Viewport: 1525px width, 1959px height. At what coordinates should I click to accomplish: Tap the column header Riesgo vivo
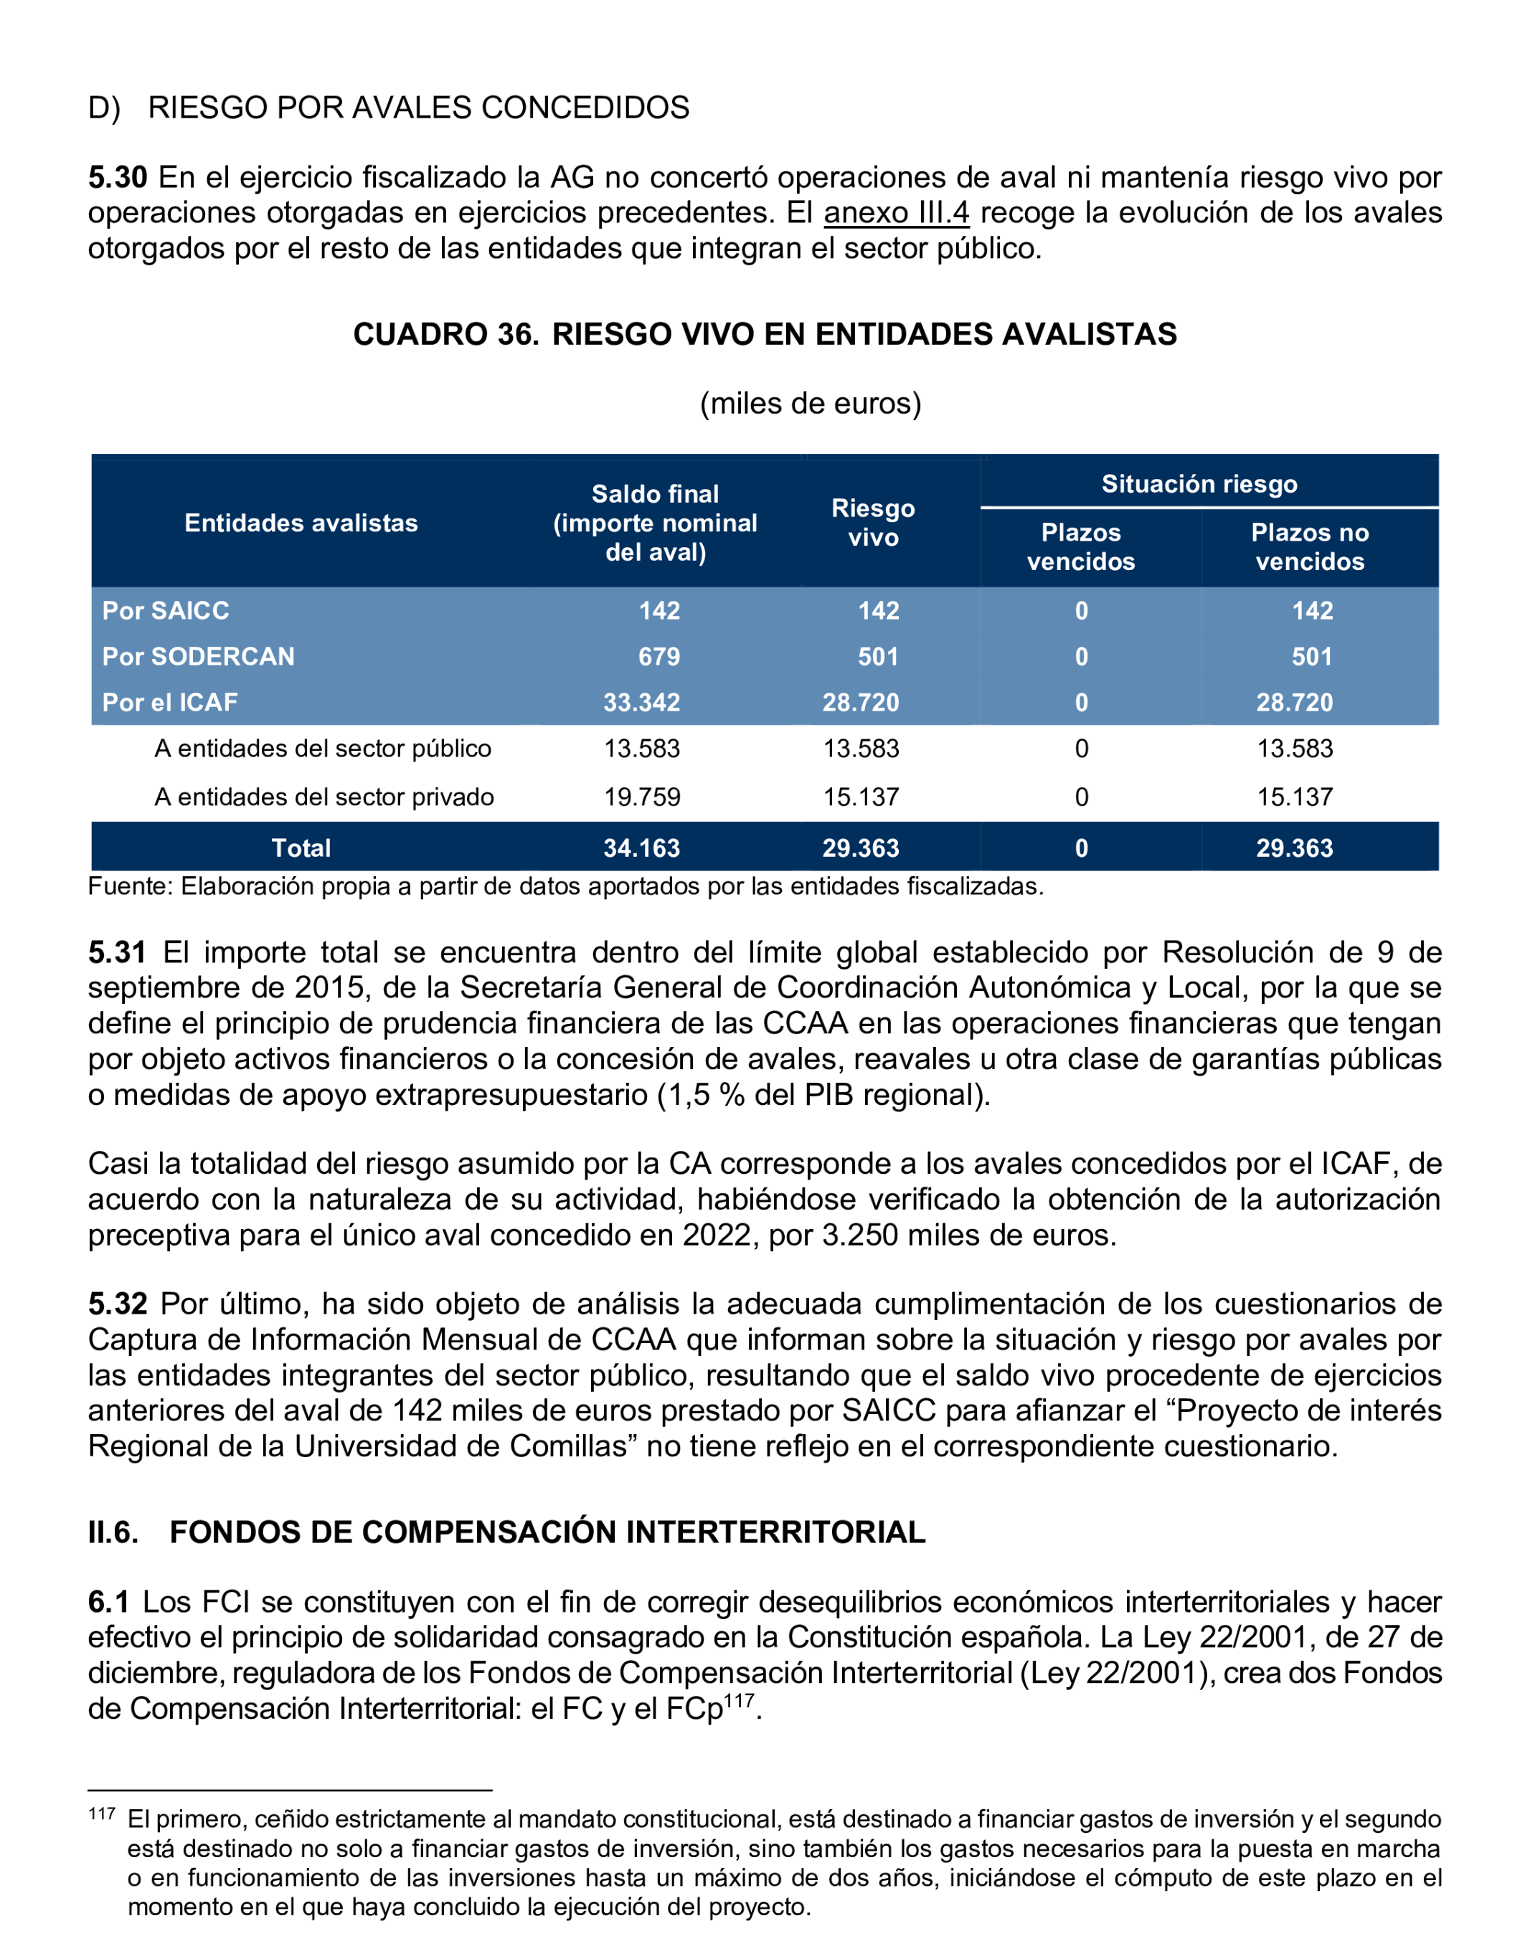point(873,522)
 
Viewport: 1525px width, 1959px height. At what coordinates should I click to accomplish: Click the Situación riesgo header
point(1199,483)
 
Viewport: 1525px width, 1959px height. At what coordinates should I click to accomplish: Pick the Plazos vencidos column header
point(1081,546)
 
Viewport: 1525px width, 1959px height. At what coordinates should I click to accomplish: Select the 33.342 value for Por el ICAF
point(641,701)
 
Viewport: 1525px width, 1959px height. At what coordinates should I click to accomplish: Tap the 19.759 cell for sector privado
point(641,797)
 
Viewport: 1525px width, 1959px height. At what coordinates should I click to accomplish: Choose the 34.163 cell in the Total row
point(641,848)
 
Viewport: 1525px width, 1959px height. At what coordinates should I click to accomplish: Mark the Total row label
point(301,848)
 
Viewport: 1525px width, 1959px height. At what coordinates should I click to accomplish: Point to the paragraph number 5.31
point(117,952)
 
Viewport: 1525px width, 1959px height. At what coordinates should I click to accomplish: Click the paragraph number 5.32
point(117,1304)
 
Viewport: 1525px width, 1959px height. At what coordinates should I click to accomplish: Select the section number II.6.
point(113,1532)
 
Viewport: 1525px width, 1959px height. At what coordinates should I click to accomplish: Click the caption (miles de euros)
point(810,403)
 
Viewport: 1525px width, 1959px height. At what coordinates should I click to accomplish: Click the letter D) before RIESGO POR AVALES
point(104,108)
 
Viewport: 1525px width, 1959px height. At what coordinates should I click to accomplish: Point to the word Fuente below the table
point(129,886)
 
